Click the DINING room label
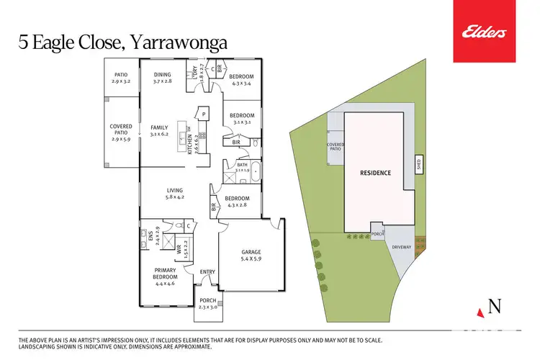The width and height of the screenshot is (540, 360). pos(163,75)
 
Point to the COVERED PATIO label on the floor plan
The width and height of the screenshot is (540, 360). pos(121,130)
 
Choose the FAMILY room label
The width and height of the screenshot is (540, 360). pos(159,127)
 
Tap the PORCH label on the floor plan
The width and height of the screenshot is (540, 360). pos(207,300)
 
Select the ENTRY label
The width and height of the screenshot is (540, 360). pos(207,271)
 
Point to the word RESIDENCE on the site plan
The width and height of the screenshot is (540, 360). pos(375,173)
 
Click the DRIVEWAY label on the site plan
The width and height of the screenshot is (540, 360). pos(401,247)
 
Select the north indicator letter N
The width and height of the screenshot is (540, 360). pos(495,306)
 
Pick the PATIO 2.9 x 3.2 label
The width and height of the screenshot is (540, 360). pos(121,78)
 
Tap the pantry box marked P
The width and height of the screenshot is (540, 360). pos(204,114)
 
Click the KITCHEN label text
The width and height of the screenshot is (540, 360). pos(191,145)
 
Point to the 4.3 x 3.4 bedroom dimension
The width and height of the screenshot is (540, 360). pos(241,84)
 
